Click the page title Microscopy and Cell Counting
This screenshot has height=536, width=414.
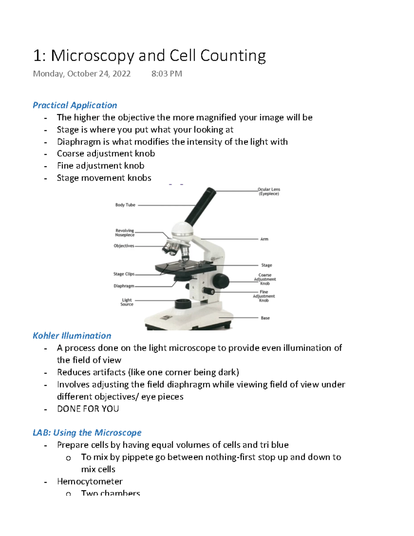[149, 56]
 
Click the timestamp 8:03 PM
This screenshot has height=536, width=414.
[167, 74]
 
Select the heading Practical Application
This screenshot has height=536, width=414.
[75, 105]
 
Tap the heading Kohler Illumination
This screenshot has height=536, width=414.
[72, 336]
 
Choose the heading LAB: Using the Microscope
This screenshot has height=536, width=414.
[87, 433]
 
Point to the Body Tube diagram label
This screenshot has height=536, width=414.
[125, 205]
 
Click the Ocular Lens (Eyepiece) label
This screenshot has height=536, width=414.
[269, 192]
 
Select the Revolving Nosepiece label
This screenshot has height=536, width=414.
[125, 233]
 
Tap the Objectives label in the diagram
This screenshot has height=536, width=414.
[124, 246]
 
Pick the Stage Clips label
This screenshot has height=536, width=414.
[124, 274]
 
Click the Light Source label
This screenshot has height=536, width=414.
[127, 302]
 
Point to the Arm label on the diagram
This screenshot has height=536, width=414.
[264, 239]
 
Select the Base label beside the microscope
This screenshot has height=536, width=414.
[265, 318]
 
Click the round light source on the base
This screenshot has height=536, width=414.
[183, 304]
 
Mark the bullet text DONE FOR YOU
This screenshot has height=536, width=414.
[88, 409]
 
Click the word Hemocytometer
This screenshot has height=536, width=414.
[90, 481]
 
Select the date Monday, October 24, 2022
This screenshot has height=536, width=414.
[82, 74]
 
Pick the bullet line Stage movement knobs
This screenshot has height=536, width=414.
[104, 178]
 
